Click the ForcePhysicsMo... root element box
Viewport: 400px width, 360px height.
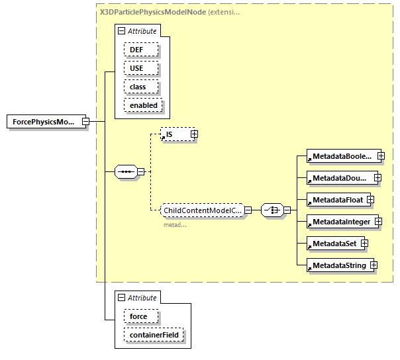[x=44, y=122]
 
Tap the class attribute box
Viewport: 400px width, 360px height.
[x=138, y=87]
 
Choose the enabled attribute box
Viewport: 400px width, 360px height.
[x=144, y=105]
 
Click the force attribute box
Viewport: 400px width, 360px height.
[x=138, y=316]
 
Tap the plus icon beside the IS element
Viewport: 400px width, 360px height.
[x=194, y=134]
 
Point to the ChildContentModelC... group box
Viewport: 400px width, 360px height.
[x=202, y=210]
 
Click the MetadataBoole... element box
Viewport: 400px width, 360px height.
[x=341, y=156]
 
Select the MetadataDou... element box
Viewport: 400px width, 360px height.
[x=340, y=178]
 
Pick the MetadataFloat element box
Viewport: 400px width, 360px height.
[x=336, y=200]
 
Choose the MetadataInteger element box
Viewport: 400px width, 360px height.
[x=340, y=222]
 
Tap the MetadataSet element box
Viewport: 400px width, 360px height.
[x=333, y=244]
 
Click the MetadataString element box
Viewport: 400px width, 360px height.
[x=338, y=265]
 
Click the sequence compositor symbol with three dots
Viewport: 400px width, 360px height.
[x=125, y=172]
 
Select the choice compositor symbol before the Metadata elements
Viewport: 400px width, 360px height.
[x=272, y=210]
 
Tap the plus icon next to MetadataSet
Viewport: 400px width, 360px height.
[x=364, y=244]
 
